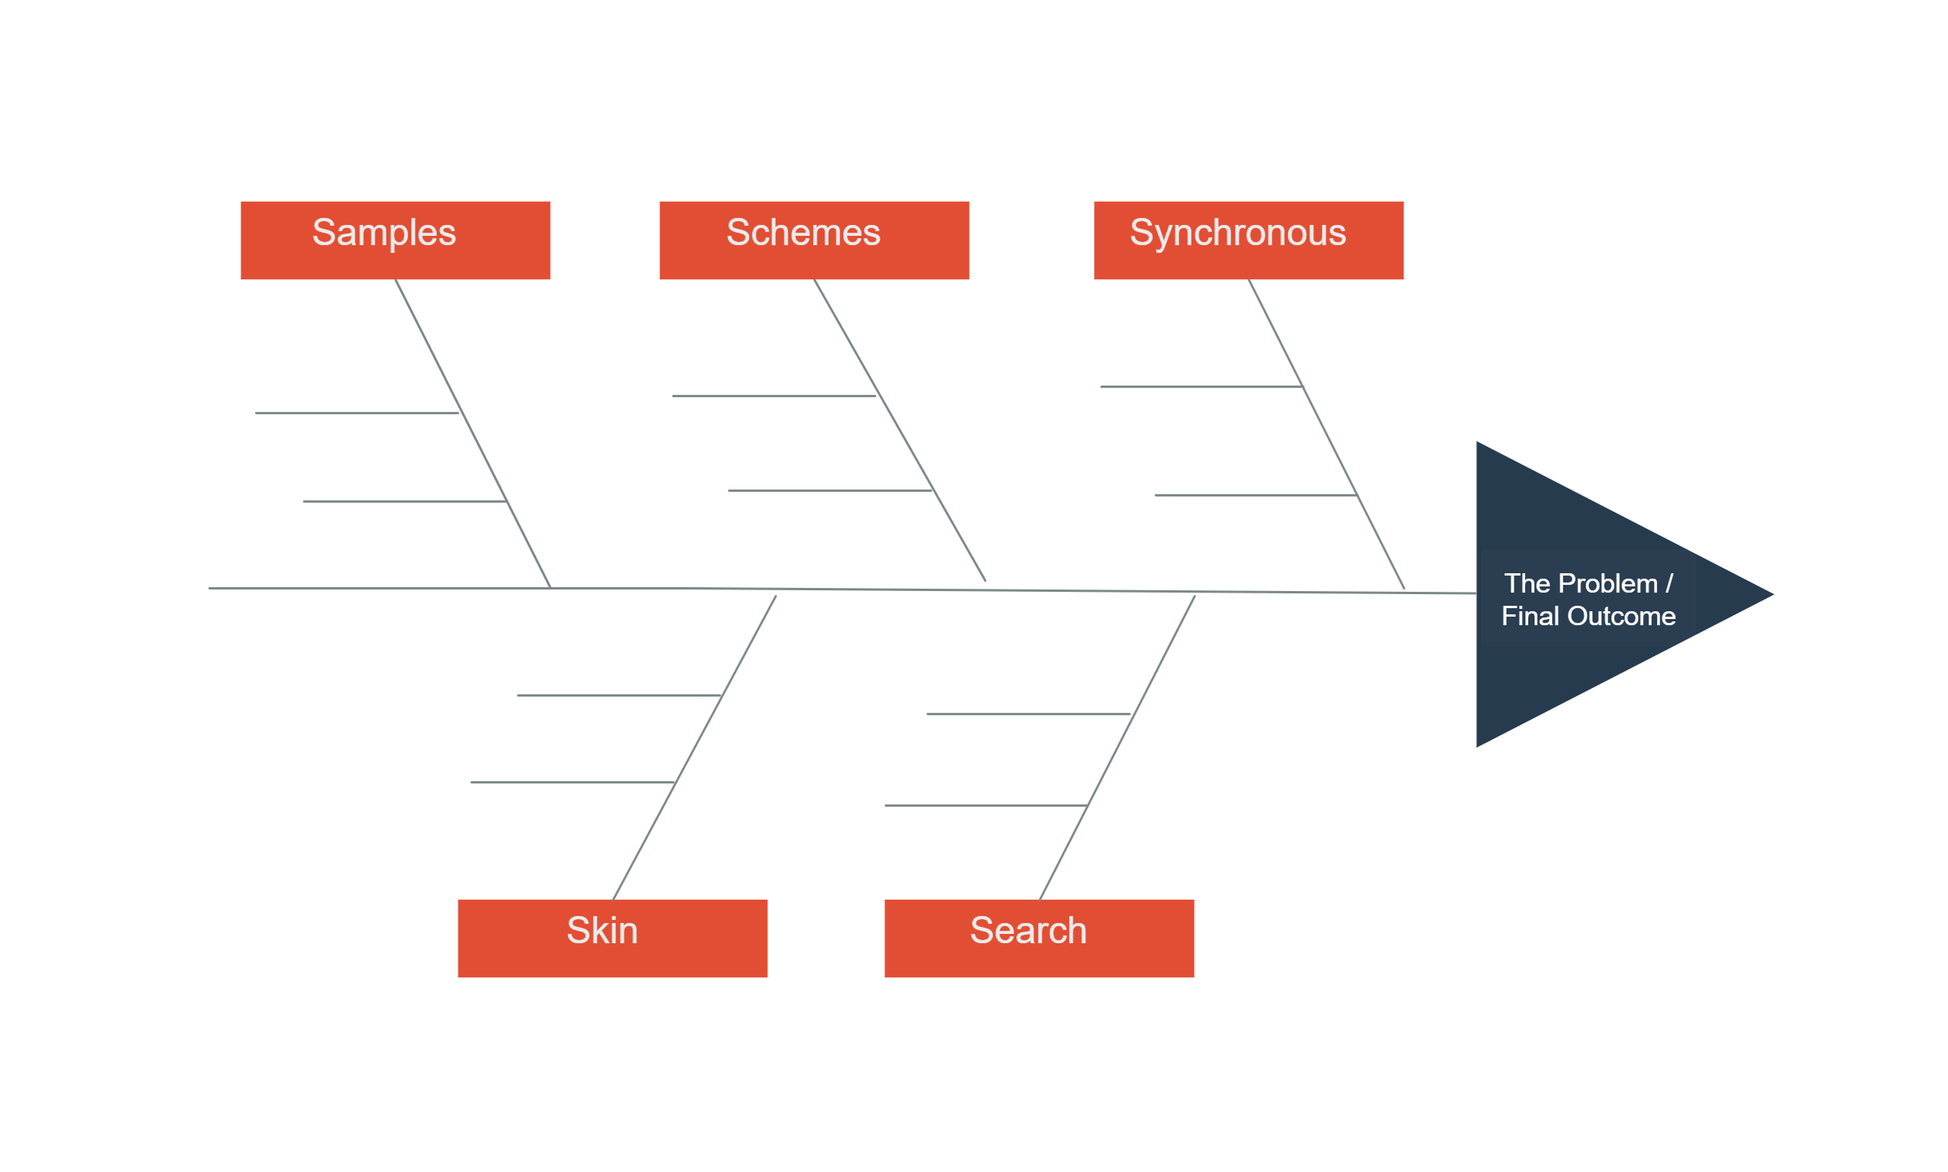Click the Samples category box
(395, 240)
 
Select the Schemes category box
(814, 240)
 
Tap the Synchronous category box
(1248, 240)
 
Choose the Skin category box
(612, 939)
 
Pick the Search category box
(1039, 939)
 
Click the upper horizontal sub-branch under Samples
(356, 413)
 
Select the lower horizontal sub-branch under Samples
(404, 502)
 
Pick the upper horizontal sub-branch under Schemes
(773, 396)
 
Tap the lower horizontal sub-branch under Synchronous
(1255, 495)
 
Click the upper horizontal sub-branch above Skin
(618, 695)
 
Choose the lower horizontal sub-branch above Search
(985, 806)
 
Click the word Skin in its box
(602, 930)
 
